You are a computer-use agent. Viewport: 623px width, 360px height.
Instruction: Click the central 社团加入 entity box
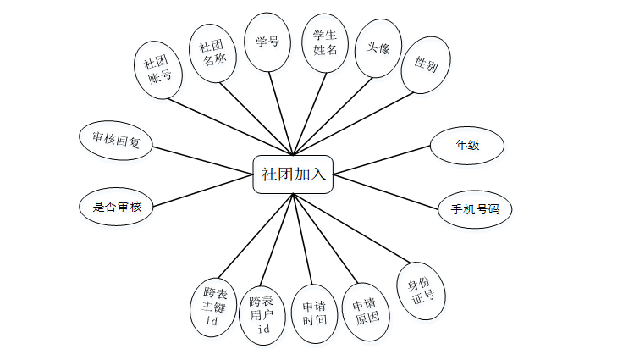click(293, 174)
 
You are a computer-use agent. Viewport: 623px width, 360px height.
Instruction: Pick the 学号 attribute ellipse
click(267, 42)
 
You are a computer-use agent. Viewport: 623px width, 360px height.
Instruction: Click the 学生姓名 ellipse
click(325, 42)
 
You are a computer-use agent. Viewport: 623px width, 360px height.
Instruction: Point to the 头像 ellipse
click(378, 49)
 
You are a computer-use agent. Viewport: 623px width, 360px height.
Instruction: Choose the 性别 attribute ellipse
click(426, 64)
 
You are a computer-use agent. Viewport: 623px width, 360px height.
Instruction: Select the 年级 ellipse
click(467, 145)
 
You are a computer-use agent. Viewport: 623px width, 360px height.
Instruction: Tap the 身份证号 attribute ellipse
click(421, 291)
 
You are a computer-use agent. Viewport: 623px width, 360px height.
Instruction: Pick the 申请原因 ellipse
click(366, 312)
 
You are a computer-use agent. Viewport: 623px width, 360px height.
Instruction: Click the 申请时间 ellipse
click(314, 313)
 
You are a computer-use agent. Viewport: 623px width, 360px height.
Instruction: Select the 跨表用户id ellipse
click(262, 314)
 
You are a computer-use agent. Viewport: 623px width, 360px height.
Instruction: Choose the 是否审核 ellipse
click(116, 206)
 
